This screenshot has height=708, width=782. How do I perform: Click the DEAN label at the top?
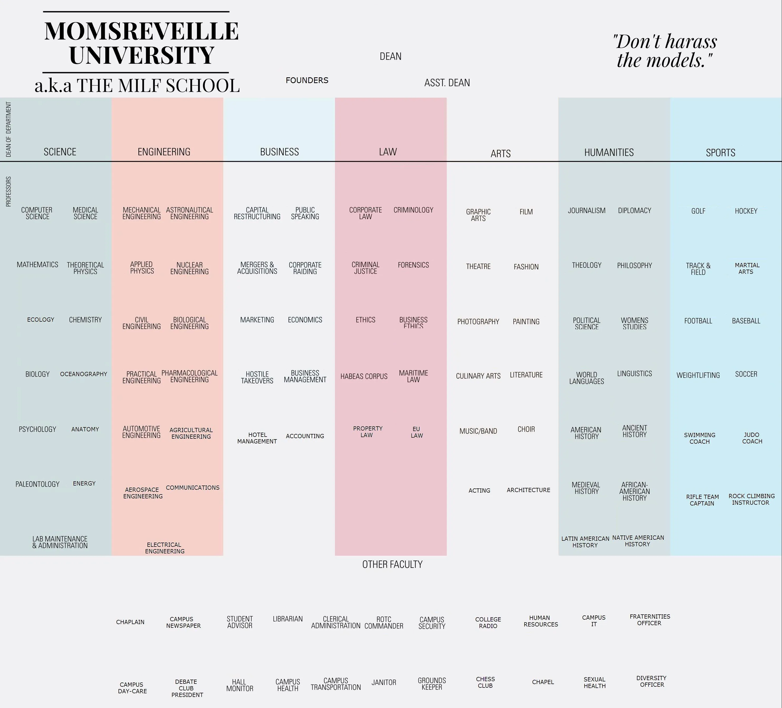390,57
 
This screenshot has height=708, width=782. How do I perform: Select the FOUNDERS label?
307,80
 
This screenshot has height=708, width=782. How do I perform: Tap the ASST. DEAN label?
447,83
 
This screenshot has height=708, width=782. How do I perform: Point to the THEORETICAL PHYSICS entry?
85,268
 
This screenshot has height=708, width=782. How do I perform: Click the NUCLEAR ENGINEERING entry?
189,268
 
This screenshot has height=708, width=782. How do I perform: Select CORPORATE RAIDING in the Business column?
305,268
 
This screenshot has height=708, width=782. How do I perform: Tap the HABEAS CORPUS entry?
364,376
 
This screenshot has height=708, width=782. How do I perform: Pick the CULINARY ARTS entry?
478,376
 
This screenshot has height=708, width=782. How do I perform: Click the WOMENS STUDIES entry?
634,323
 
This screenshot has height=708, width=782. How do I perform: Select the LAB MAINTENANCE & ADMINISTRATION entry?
60,542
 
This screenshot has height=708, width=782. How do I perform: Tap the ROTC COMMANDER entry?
384,622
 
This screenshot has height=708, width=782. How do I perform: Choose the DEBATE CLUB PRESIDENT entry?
187,688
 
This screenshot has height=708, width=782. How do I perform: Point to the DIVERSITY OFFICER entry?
651,681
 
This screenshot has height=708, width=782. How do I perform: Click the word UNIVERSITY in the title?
142,55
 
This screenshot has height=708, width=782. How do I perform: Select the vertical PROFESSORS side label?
8,191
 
